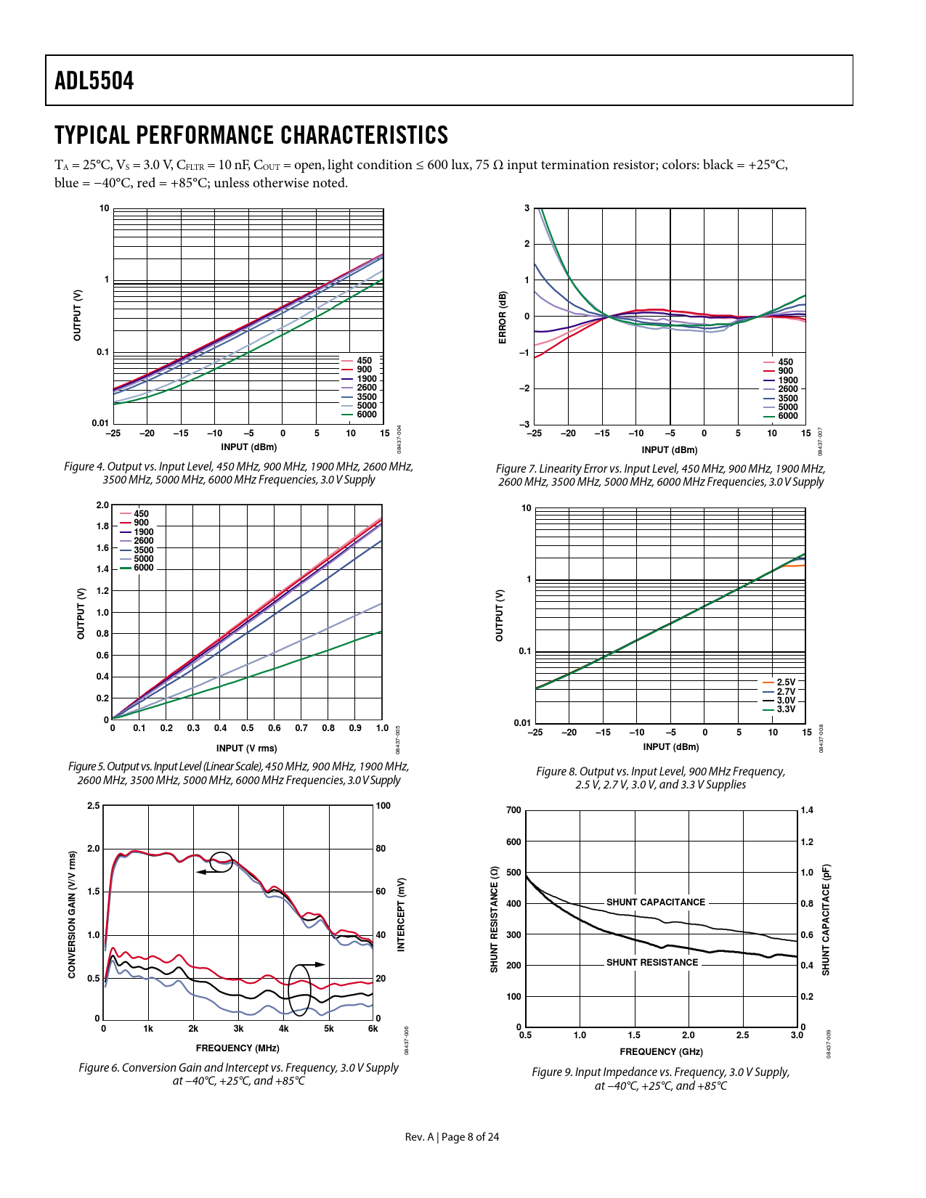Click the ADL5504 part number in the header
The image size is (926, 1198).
[x=94, y=81]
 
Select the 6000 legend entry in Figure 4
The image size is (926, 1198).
[x=366, y=415]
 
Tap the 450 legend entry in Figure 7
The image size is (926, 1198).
[x=785, y=362]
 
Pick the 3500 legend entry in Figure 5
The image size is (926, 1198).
[x=143, y=550]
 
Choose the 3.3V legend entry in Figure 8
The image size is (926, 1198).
[x=786, y=709]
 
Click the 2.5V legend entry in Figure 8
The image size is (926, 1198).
[x=786, y=682]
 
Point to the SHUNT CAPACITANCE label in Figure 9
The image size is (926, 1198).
[x=656, y=902]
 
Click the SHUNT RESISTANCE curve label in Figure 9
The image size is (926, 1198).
[x=652, y=962]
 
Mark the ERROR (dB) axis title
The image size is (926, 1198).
[x=502, y=317]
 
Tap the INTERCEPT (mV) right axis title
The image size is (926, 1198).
[x=401, y=914]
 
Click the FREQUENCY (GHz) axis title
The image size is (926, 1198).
[x=661, y=1051]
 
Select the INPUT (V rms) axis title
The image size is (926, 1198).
[x=246, y=748]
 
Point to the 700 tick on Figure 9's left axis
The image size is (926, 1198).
[x=513, y=810]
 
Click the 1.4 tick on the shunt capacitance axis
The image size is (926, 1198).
[x=807, y=810]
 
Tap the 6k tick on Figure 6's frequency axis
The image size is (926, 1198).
[x=373, y=1028]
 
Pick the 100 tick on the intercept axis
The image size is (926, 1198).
[x=383, y=806]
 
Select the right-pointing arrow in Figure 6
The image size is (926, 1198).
[x=318, y=964]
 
